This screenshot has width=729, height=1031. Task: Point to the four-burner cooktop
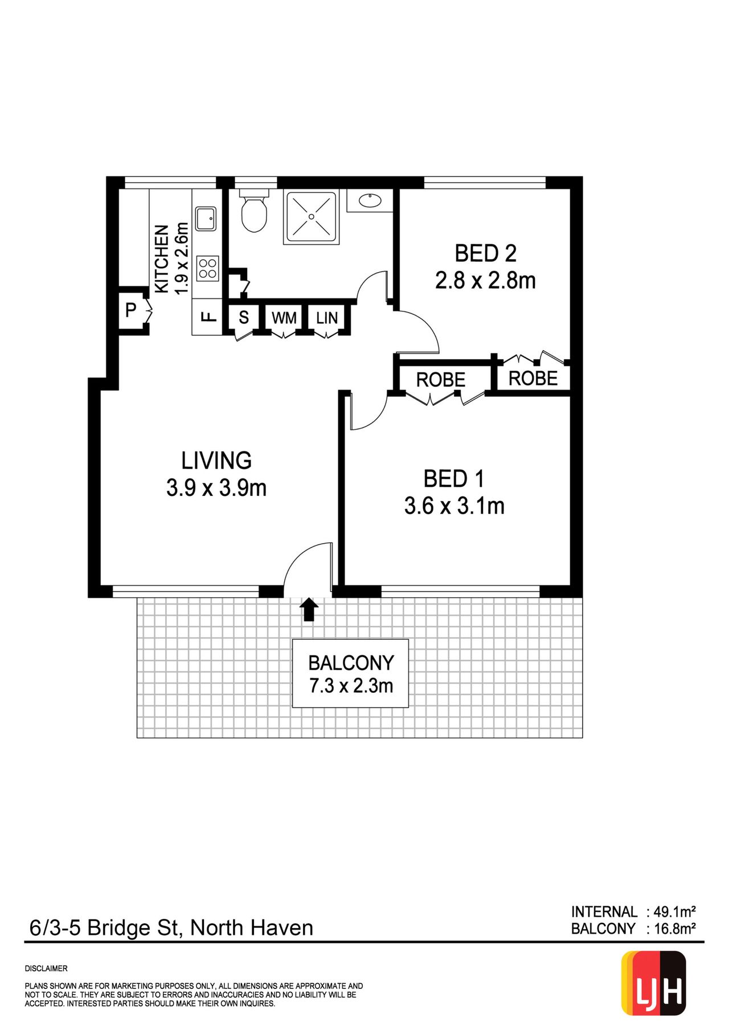[207, 269]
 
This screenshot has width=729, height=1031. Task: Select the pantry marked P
[131, 310]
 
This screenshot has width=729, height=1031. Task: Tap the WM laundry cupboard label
[284, 318]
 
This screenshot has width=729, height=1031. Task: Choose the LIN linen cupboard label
[327, 318]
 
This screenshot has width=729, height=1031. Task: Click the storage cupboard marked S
[244, 317]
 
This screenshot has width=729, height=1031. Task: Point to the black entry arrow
[309, 609]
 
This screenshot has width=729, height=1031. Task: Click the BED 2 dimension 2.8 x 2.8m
[485, 281]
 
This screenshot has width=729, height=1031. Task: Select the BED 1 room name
[454, 479]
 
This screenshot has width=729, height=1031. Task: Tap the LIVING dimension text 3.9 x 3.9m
[216, 488]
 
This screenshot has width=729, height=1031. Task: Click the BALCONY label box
[350, 673]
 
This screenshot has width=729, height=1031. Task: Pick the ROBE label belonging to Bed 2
[533, 378]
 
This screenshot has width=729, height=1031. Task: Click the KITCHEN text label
[162, 259]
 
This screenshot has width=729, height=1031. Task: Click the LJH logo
[653, 983]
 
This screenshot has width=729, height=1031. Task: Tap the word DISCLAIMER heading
[46, 968]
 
